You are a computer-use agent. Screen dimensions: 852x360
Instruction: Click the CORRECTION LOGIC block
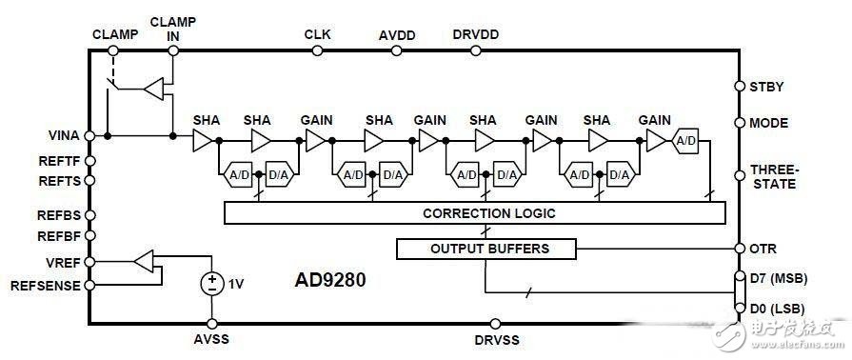474,212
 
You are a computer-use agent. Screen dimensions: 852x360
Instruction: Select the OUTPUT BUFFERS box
486,250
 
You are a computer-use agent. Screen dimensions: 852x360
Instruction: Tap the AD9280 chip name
330,280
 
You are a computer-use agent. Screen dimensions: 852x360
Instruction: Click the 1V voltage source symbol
212,283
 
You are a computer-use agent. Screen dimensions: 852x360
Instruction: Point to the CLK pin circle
317,50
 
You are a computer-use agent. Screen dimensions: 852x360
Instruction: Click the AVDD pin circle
397,50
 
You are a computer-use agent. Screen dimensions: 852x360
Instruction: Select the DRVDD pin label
476,34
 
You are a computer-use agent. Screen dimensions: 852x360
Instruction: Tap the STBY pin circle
740,87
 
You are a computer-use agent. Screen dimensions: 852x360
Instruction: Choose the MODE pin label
769,123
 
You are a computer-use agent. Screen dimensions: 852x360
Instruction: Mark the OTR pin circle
740,249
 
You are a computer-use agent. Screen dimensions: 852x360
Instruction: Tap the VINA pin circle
90,135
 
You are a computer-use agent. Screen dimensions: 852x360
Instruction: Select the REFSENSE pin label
46,286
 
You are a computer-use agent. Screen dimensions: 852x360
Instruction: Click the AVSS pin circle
212,324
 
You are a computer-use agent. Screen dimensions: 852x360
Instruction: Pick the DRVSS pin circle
495,324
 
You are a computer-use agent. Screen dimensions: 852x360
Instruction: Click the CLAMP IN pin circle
173,50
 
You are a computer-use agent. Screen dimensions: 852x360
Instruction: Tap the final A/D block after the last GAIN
685,141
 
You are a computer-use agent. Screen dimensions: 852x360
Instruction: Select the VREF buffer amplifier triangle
144,262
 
